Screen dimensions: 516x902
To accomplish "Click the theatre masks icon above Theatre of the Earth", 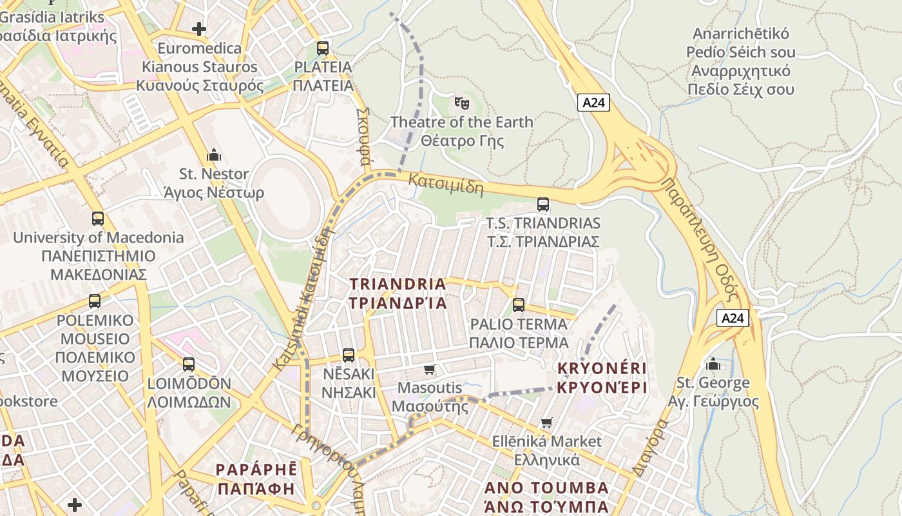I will tap(461, 103).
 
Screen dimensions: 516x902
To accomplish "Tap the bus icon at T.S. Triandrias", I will tap(543, 204).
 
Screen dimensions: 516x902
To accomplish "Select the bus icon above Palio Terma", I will tap(519, 305).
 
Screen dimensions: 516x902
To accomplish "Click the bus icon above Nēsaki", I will tap(349, 355).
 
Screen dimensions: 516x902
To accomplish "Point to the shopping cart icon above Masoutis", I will tap(430, 369).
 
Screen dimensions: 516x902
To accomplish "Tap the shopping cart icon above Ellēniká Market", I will tap(547, 422).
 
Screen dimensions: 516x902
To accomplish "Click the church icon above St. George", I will tap(713, 364).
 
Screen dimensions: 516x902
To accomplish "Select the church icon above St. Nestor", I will tap(214, 155).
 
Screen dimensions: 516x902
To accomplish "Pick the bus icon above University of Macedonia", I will tap(98, 218).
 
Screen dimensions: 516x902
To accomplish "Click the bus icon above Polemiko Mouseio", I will tap(95, 301).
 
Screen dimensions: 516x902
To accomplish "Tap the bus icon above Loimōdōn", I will tap(189, 364).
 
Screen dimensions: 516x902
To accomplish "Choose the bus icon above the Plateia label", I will tap(323, 48).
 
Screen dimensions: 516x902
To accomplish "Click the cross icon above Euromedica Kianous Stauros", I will tap(199, 28).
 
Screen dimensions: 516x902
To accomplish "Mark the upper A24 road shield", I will tap(593, 102).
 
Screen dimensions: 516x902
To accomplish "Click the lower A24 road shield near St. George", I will tap(733, 318).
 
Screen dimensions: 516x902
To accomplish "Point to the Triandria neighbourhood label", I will tap(398, 293).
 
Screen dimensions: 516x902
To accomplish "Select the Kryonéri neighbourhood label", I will tap(602, 378).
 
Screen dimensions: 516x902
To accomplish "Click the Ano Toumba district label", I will tap(546, 497).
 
